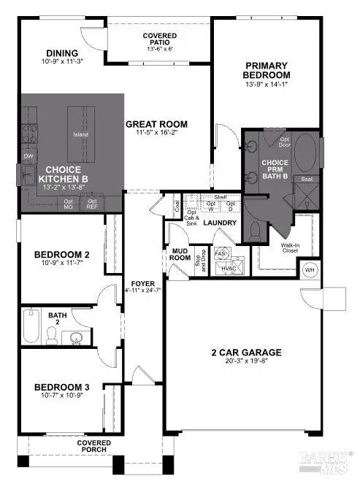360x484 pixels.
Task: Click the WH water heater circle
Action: point(308,269)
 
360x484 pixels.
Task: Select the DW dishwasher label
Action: point(28,156)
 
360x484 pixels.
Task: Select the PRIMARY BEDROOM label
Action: point(266,70)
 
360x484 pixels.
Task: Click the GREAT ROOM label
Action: point(156,125)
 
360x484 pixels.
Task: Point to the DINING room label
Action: point(61,53)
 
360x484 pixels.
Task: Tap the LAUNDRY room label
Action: point(218,223)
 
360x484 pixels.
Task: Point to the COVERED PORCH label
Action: point(96,446)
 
